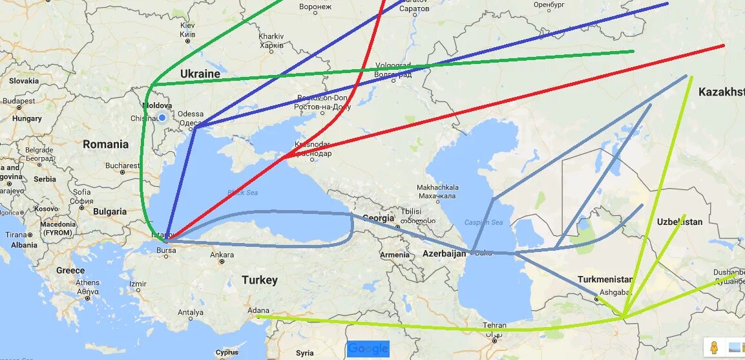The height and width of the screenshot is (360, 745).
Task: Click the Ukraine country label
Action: (x=200, y=74)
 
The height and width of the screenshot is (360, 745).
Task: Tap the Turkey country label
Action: (x=259, y=280)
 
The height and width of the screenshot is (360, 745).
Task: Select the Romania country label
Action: (x=105, y=144)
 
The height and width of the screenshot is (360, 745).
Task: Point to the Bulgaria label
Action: (x=109, y=211)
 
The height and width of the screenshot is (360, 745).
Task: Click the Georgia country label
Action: (x=378, y=218)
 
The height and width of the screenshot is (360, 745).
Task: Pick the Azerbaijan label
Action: (x=444, y=254)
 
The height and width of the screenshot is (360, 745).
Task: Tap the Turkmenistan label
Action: (x=605, y=279)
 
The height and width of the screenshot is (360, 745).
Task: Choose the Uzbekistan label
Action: (x=679, y=222)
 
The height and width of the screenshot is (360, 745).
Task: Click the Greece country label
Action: (x=70, y=270)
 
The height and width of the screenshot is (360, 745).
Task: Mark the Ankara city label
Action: (x=222, y=255)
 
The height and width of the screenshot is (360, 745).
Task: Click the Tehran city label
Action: (x=494, y=326)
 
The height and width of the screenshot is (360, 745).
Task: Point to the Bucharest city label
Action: (x=122, y=165)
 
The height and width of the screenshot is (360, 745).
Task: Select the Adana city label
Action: (x=258, y=310)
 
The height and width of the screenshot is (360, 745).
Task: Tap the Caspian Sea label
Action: (x=483, y=223)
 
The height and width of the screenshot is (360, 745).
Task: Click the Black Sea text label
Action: (x=242, y=193)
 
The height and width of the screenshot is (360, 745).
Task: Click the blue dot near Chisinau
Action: (x=162, y=117)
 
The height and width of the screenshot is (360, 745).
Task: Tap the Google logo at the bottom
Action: (x=368, y=349)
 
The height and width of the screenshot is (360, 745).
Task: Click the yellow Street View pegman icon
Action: (x=713, y=348)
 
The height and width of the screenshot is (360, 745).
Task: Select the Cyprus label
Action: (x=227, y=353)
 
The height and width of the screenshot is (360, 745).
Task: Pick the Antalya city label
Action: (x=190, y=313)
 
